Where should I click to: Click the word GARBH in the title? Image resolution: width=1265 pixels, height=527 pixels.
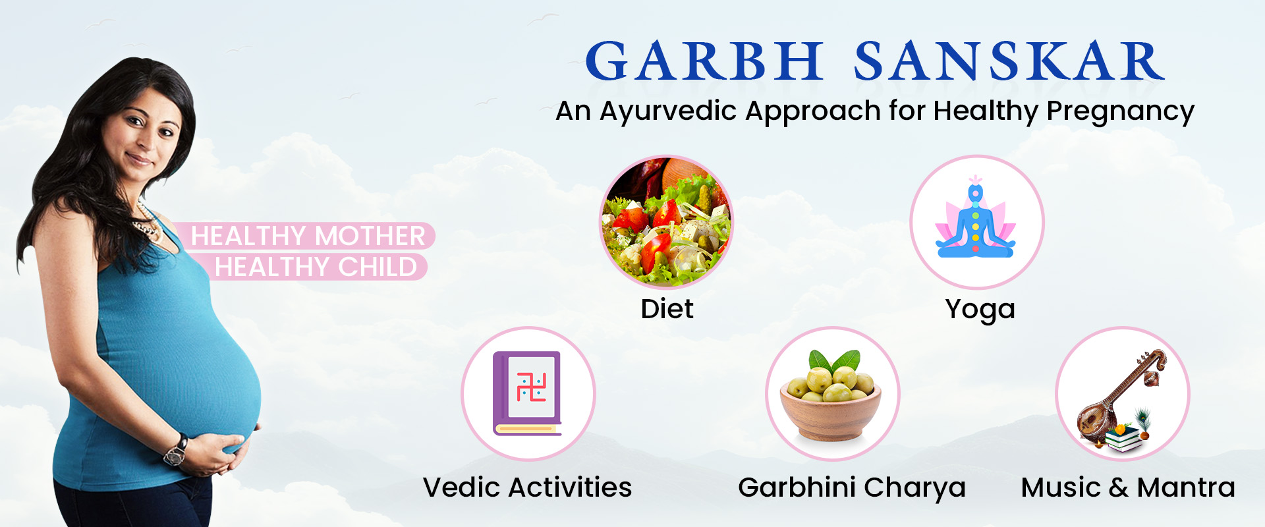[704, 61]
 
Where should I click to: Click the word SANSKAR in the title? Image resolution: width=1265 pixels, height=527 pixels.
[1009, 61]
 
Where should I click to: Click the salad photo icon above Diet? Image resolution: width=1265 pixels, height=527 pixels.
[666, 222]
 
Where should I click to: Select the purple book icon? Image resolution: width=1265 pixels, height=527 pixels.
[527, 393]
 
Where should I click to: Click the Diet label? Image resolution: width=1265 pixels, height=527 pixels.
[667, 309]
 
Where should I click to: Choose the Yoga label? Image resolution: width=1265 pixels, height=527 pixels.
[980, 310]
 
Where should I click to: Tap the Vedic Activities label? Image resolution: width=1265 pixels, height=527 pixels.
[527, 487]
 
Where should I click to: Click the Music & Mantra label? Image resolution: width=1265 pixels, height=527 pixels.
[1128, 487]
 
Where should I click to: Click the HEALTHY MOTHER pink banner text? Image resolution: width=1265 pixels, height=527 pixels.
[308, 236]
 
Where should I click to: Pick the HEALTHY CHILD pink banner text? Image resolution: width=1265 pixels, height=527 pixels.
[316, 267]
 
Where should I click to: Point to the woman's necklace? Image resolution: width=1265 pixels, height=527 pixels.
[146, 224]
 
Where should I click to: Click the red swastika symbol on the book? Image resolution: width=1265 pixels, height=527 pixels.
[531, 387]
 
